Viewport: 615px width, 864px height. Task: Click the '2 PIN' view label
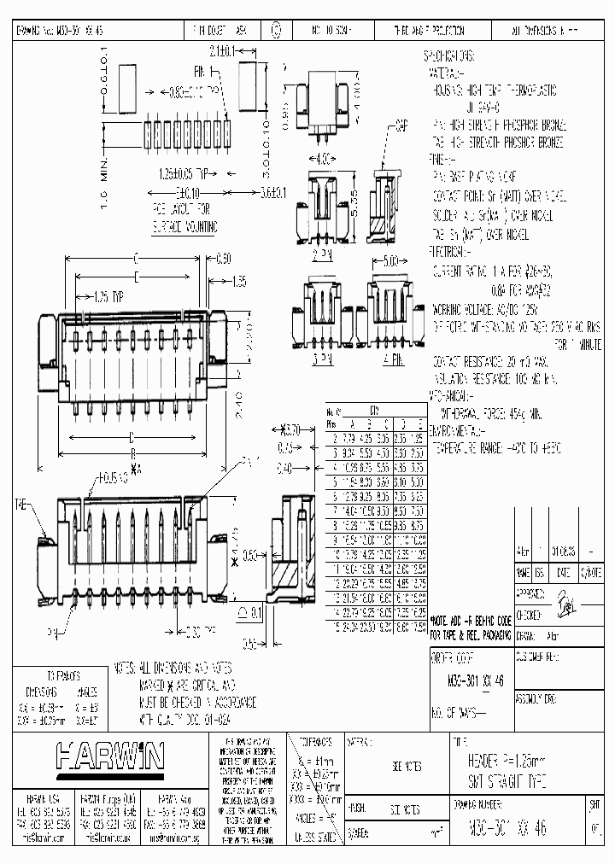(321, 254)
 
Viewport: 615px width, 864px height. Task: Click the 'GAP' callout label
(401, 126)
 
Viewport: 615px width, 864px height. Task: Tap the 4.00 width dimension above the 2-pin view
(322, 158)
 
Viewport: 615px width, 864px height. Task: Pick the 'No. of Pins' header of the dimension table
(333, 415)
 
